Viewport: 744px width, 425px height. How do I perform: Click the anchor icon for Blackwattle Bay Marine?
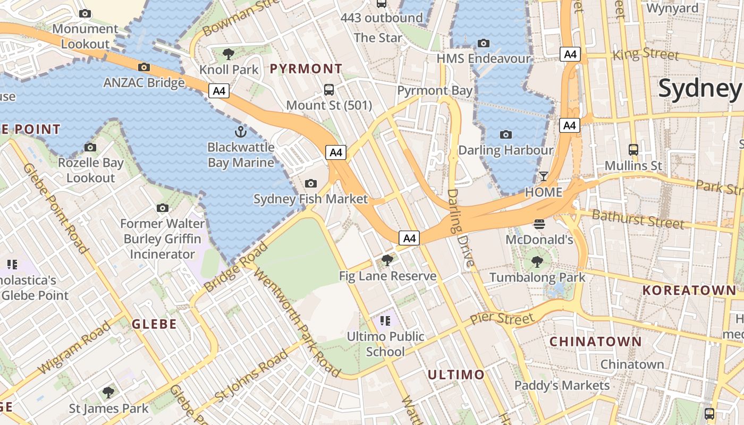(x=241, y=131)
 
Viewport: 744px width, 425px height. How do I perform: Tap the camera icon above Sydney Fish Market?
(x=311, y=183)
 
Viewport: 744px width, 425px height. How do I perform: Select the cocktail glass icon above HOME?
(x=544, y=176)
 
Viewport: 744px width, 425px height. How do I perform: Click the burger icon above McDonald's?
(x=539, y=224)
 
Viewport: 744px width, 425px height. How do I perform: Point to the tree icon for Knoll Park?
(x=229, y=53)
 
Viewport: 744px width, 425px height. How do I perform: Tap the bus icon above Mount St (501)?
(x=329, y=89)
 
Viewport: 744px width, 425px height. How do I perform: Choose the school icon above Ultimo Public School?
(x=385, y=320)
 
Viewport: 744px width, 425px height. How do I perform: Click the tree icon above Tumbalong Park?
(x=537, y=261)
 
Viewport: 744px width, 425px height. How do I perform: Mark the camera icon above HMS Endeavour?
(x=484, y=43)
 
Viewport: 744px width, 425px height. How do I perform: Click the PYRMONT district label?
(x=306, y=69)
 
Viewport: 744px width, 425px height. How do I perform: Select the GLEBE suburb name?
(x=154, y=324)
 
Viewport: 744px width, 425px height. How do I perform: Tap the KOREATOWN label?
(x=689, y=291)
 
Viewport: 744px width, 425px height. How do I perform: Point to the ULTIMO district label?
(x=456, y=375)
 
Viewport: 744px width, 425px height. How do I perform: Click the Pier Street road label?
(x=502, y=319)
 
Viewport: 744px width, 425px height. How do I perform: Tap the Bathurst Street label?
(x=638, y=218)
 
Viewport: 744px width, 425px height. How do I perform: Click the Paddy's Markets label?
(x=562, y=385)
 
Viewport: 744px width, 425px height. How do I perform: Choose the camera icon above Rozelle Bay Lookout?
(x=90, y=147)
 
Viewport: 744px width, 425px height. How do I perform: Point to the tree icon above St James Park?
(x=108, y=393)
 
